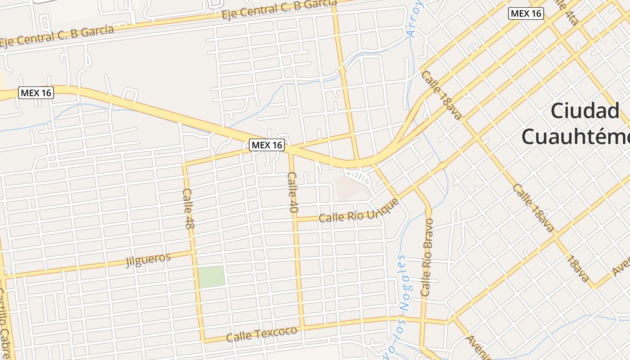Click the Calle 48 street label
click(x=188, y=208)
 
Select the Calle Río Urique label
click(x=359, y=211)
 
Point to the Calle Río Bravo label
click(x=427, y=257)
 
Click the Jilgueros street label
click(x=148, y=260)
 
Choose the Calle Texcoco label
click(x=261, y=334)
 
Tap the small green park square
click(x=211, y=276)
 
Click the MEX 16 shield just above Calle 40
click(x=267, y=145)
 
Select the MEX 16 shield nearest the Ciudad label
click(x=526, y=13)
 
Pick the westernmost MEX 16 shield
click(x=36, y=93)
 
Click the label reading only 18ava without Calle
click(x=579, y=269)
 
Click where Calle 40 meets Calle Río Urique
click(x=296, y=220)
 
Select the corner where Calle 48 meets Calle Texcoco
click(x=203, y=340)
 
